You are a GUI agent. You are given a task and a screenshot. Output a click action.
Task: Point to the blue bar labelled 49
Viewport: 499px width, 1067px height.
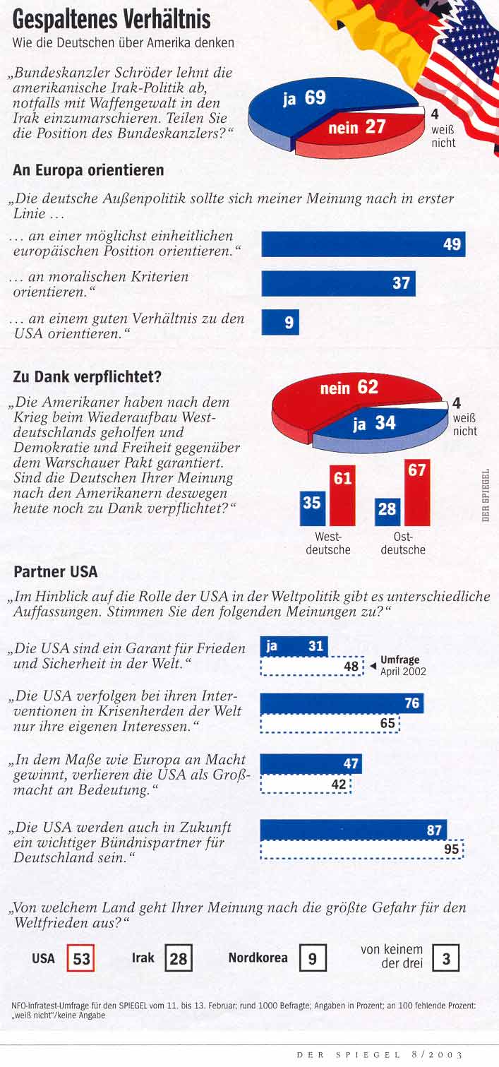click(x=363, y=244)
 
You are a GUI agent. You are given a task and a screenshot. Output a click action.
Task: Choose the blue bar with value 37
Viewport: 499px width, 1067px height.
click(x=338, y=283)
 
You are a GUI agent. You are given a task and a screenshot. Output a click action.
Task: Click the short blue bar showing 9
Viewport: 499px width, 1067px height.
click(x=280, y=323)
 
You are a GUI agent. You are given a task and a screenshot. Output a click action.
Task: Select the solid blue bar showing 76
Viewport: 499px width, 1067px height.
click(x=342, y=703)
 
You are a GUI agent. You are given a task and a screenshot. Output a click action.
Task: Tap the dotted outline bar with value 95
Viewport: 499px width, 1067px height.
click(x=362, y=850)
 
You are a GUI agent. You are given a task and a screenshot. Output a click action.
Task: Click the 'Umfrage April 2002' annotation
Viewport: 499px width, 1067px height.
click(x=402, y=665)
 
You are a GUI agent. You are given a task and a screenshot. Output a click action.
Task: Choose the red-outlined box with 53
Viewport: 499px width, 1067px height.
click(x=81, y=959)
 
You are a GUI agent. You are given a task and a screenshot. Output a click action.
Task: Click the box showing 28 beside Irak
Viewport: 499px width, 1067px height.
click(x=179, y=959)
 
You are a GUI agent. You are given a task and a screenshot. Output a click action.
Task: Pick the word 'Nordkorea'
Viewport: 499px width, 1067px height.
click(x=258, y=958)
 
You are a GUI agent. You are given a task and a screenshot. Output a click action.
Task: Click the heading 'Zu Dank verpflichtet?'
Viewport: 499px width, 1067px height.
click(x=87, y=377)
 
